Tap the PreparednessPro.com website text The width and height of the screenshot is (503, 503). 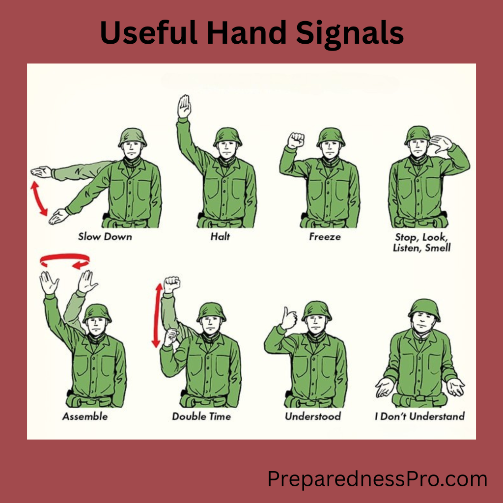coord(377,478)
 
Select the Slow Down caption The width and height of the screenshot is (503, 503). coord(105,237)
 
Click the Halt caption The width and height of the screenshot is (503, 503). coord(220,237)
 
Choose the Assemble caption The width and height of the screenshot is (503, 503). coord(85,417)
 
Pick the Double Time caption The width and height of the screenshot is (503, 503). coord(202,417)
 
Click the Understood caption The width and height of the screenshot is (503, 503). coord(313,417)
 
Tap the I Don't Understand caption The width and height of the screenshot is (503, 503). coord(419,417)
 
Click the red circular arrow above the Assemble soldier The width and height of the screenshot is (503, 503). coord(65,260)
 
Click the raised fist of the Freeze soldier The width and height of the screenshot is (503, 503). coord(296,140)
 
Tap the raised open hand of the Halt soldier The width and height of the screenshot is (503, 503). coord(184,106)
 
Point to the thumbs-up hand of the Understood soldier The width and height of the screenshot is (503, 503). coord(289,319)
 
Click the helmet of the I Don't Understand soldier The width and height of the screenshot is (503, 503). coord(424,309)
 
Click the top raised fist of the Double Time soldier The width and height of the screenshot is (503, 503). coord(171,284)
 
